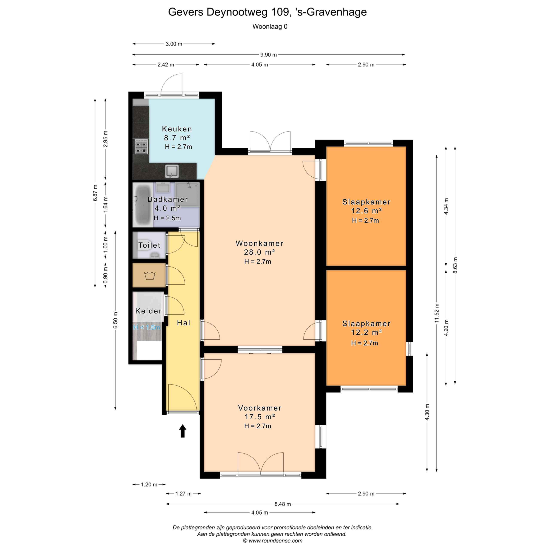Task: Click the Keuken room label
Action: click(x=177, y=129)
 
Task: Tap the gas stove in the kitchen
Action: click(x=141, y=146)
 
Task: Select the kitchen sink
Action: click(x=172, y=171)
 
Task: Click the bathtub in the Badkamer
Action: click(x=143, y=204)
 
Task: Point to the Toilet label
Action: click(x=149, y=245)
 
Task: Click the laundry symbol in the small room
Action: click(x=150, y=276)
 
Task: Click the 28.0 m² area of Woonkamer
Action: click(x=259, y=252)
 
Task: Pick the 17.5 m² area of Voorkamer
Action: click(x=260, y=417)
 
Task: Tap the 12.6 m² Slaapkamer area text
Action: click(x=366, y=211)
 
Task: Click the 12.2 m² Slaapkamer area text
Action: click(x=366, y=332)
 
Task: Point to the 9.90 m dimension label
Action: click(x=269, y=55)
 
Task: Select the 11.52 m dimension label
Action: click(x=437, y=313)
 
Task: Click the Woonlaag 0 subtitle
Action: click(x=270, y=26)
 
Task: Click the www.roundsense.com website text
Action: click(x=275, y=541)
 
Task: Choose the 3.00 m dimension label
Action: click(x=174, y=44)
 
